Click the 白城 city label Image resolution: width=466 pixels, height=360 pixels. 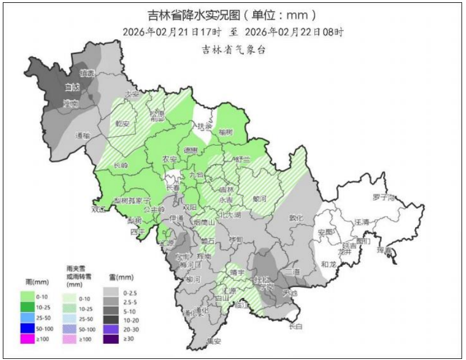click(72, 87)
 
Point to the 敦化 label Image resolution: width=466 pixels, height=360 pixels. click(295, 218)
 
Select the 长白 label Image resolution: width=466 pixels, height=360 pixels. click(295, 327)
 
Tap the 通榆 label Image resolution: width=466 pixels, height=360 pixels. click(82, 135)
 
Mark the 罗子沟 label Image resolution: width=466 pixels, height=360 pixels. click(384, 198)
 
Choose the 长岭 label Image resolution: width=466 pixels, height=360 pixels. click(120, 165)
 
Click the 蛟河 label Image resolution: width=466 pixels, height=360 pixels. click(260, 198)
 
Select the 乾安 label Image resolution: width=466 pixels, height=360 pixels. click(123, 123)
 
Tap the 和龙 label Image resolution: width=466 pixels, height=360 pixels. click(329, 264)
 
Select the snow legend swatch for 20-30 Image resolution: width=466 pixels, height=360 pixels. click(112, 328)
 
